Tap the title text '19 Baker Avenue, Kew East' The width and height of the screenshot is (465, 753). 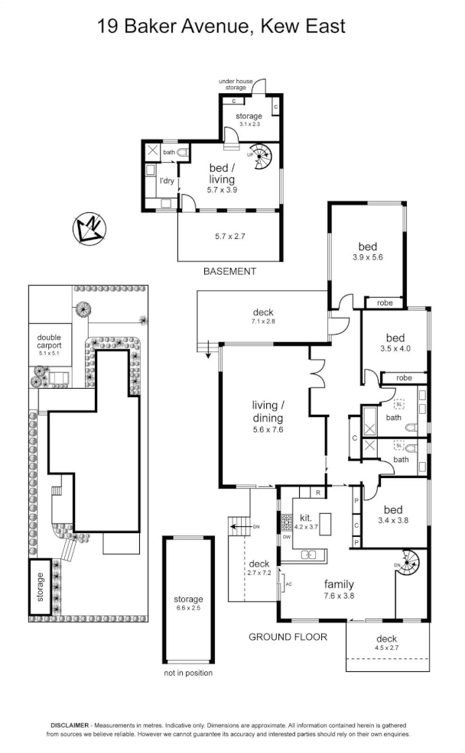(x=222, y=27)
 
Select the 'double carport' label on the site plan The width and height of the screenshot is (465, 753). (x=49, y=341)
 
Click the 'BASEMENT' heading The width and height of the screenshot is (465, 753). (x=229, y=271)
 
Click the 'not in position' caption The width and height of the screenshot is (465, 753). (x=188, y=673)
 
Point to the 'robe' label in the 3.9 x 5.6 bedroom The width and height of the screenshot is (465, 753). (x=384, y=303)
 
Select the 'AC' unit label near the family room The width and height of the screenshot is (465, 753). (x=288, y=584)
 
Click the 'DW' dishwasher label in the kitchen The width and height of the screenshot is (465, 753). (x=287, y=536)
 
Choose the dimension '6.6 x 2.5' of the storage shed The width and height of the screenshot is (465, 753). (x=188, y=609)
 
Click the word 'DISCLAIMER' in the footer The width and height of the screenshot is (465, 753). (x=70, y=724)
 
